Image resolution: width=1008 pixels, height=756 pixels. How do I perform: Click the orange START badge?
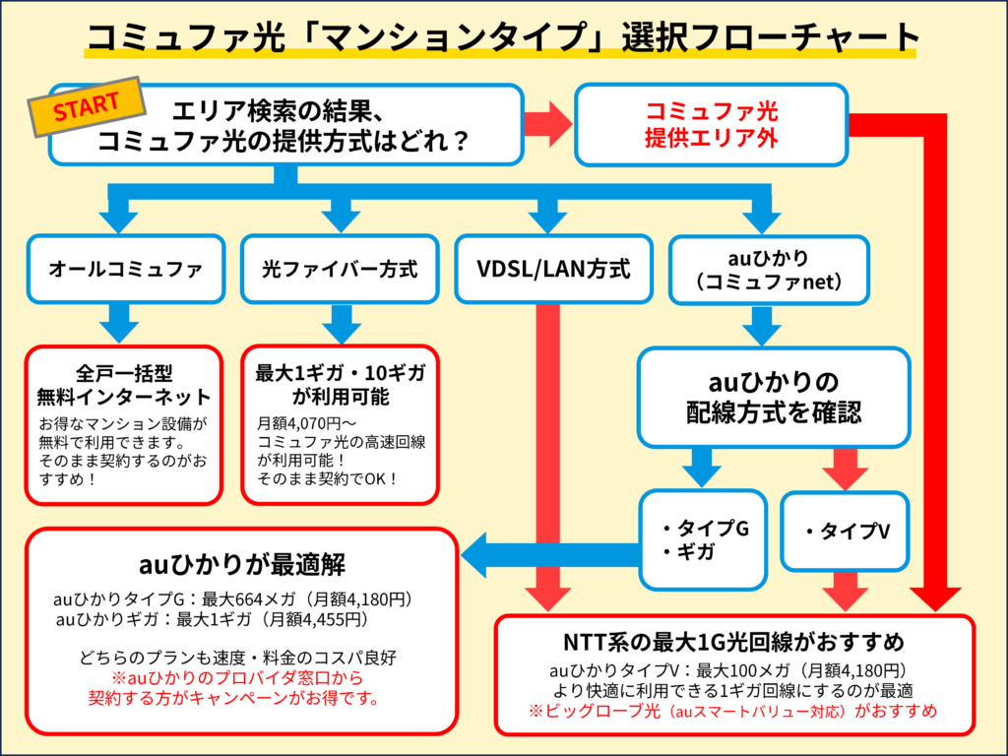pos(87,108)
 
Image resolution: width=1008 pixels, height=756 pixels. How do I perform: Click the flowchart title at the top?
pos(503,37)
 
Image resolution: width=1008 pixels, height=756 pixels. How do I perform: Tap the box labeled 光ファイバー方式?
pos(340,268)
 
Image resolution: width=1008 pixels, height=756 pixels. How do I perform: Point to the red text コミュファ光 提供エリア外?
pos(711,125)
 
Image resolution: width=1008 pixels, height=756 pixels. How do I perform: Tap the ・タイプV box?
pos(846,532)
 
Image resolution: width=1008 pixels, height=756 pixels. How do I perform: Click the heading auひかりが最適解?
pos(241,566)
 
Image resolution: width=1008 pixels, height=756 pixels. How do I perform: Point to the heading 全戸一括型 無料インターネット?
pos(124,386)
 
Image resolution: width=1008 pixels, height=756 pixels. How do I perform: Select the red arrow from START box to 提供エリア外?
pos(547,124)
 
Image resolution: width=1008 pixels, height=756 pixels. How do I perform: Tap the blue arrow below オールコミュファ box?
pos(121,321)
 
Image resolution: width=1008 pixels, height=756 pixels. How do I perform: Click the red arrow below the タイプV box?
pos(846,591)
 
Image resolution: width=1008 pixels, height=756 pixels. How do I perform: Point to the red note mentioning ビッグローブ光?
pos(733,711)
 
